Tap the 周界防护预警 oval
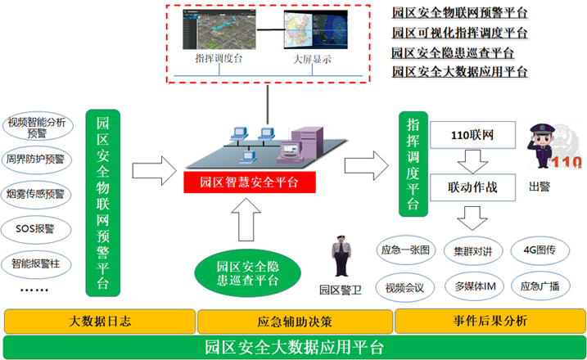[x=38, y=159]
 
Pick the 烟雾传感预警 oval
[x=38, y=194]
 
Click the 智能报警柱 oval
[x=38, y=263]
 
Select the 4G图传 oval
[x=540, y=249]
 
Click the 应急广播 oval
[x=540, y=286]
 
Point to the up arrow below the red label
[x=249, y=220]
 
